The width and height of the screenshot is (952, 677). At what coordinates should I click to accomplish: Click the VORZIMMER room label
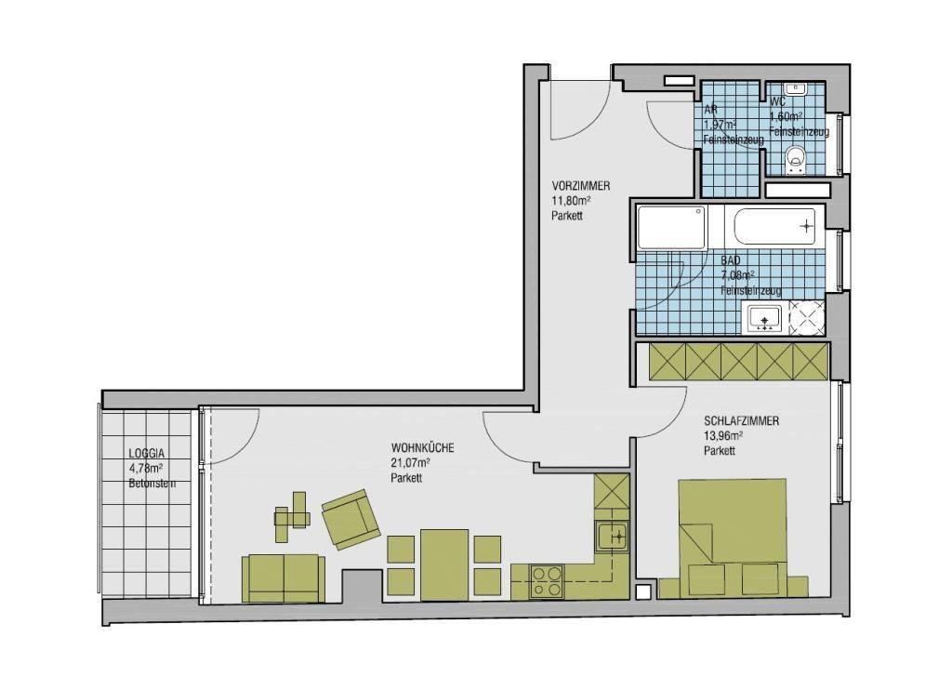point(580,186)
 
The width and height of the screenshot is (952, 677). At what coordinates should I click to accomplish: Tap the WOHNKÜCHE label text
point(423,449)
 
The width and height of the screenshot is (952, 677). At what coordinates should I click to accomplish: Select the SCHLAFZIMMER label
point(741,420)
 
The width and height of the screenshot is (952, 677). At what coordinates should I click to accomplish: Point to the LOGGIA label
point(146,454)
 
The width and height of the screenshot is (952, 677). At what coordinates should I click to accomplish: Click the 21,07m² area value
point(410,463)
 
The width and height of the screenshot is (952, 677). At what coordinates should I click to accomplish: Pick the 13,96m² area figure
point(723,435)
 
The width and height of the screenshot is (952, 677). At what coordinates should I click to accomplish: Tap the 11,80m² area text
point(572,201)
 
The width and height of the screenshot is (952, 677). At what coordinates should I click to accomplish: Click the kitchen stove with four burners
point(547,581)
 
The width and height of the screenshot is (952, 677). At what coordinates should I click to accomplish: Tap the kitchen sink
point(611,537)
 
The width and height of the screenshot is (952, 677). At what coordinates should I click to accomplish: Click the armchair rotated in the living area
point(350,519)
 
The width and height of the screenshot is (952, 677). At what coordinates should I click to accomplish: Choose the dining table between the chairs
point(444,564)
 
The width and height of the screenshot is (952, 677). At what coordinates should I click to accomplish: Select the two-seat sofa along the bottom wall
point(283,577)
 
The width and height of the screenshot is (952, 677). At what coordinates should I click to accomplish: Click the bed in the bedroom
point(733,538)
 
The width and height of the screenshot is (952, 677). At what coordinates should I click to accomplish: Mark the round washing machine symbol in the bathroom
point(806,317)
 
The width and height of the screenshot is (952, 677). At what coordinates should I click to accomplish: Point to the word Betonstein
point(152,484)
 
